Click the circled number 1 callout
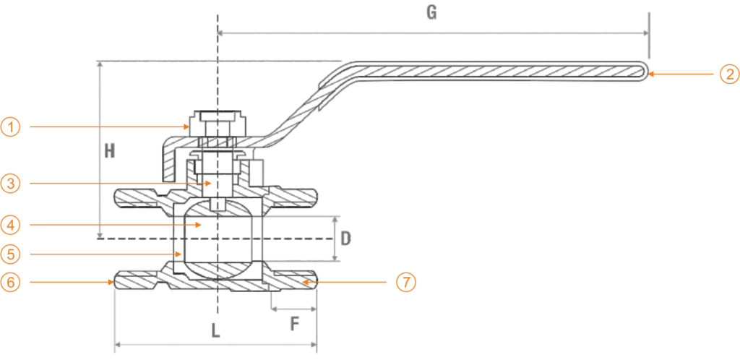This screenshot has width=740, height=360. pos(10,127)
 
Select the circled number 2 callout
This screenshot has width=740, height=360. pos(729,74)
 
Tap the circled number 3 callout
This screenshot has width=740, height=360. pos(10,183)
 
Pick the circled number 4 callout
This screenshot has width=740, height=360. pos(10,225)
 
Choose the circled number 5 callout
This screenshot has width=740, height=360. pos(10,254)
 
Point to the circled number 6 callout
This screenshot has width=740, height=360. pos(10,282)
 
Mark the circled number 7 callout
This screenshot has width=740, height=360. pos(406,282)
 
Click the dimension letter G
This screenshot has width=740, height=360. pos(431,13)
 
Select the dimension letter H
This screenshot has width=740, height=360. pos(110,150)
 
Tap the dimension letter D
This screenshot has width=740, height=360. pos(346,239)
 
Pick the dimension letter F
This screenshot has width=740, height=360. pos(295,324)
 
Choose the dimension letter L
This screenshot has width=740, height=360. pos(215,330)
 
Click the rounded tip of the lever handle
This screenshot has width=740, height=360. pos(646,72)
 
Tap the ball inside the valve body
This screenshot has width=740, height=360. pos(217,239)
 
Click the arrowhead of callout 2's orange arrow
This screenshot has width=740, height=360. pos(650,74)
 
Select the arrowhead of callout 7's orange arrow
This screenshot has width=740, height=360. pos(305,282)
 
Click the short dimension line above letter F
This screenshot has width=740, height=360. pos(293,309)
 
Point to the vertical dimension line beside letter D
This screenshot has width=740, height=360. pos(335,239)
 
